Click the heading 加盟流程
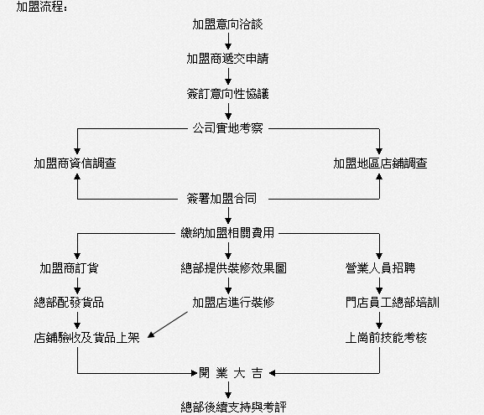click(42, 6)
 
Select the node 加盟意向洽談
click(228, 24)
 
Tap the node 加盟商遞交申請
click(228, 59)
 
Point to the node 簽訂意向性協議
click(228, 94)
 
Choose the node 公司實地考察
click(228, 128)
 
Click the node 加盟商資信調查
click(75, 163)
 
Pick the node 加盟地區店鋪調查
click(380, 163)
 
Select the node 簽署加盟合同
click(221, 199)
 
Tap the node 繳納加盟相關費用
click(227, 232)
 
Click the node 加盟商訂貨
click(69, 267)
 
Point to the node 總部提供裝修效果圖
click(234, 267)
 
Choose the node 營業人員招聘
click(380, 267)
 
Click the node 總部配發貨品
click(69, 303)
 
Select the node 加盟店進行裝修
click(234, 303)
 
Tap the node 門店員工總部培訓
click(393, 303)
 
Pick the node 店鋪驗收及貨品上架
click(86, 338)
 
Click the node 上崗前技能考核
click(386, 338)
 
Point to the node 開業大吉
click(231, 373)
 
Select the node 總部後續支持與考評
click(234, 407)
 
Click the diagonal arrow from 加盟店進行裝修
click(168, 324)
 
